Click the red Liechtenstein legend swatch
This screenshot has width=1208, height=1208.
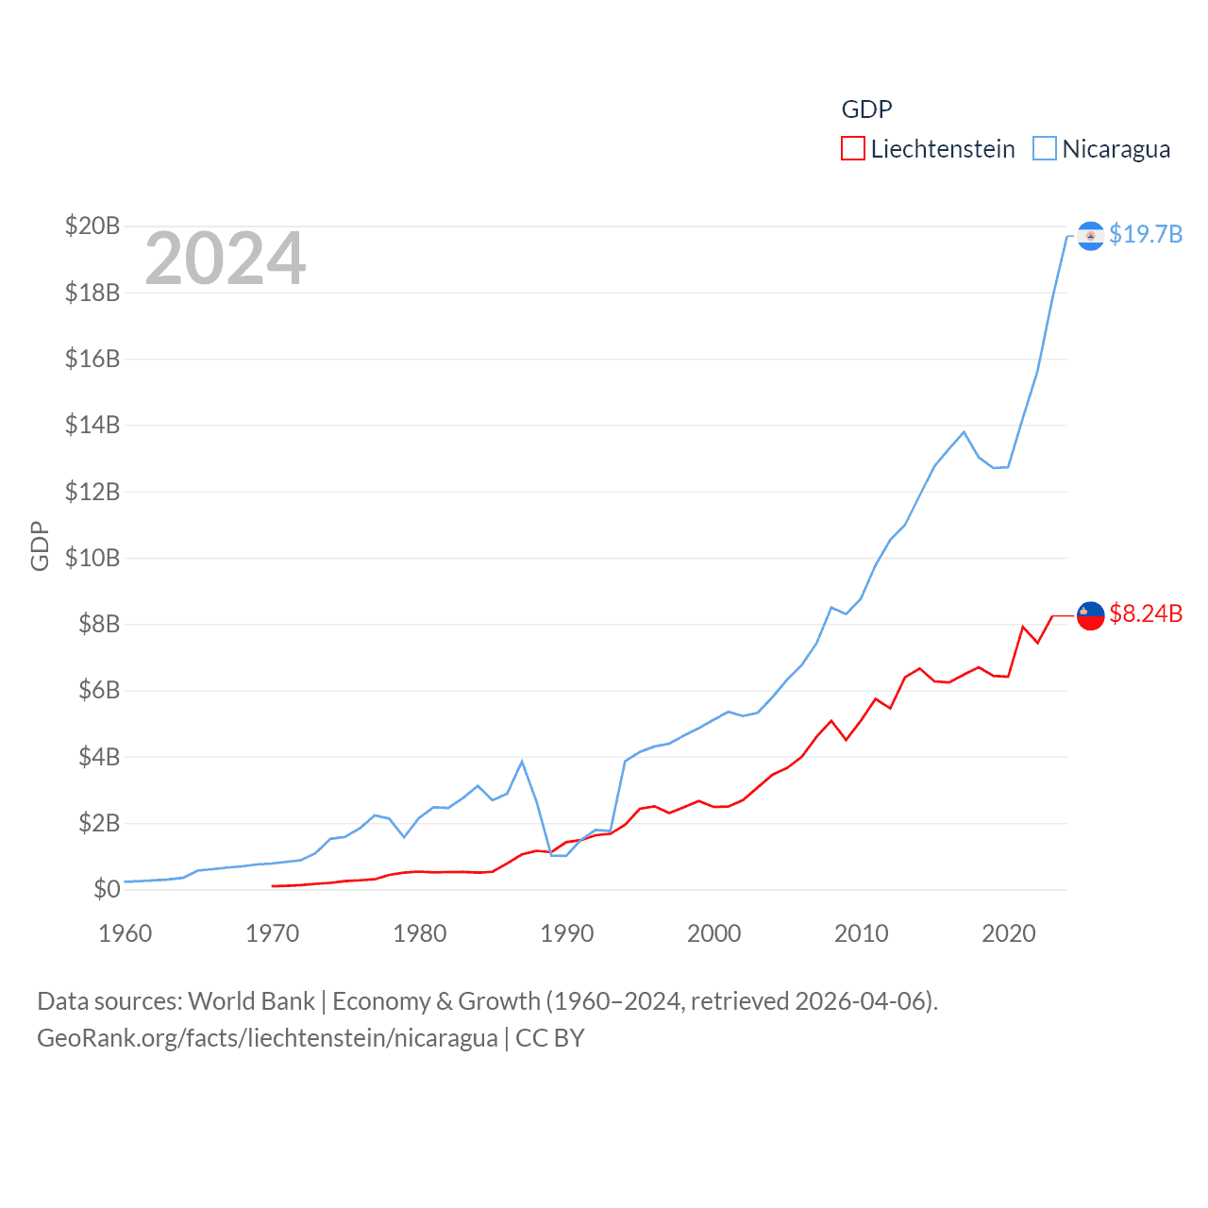(852, 149)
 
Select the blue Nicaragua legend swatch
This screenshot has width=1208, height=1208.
(1044, 149)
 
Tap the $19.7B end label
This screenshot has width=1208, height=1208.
(1146, 234)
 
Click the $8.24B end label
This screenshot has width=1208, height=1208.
(1146, 613)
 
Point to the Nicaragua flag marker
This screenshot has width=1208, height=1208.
(1090, 235)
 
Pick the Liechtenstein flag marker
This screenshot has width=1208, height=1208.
(1090, 615)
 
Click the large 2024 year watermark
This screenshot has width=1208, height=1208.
(225, 259)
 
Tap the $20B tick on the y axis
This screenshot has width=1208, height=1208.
(92, 226)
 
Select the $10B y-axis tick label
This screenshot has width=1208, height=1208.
(92, 558)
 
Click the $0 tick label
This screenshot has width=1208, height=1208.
(107, 889)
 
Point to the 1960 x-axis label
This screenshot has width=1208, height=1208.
(125, 933)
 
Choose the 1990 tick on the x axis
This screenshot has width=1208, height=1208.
(566, 933)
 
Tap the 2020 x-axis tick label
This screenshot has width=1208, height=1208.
(1008, 933)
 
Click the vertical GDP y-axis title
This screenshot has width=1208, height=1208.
(40, 545)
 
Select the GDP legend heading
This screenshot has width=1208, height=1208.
(866, 109)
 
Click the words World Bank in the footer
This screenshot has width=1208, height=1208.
(251, 1001)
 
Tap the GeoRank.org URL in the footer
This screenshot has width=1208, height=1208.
(266, 1038)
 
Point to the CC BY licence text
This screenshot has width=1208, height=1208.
(550, 1038)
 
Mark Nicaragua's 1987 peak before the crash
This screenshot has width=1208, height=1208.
(522, 762)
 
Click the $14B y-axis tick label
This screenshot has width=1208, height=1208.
(92, 425)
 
